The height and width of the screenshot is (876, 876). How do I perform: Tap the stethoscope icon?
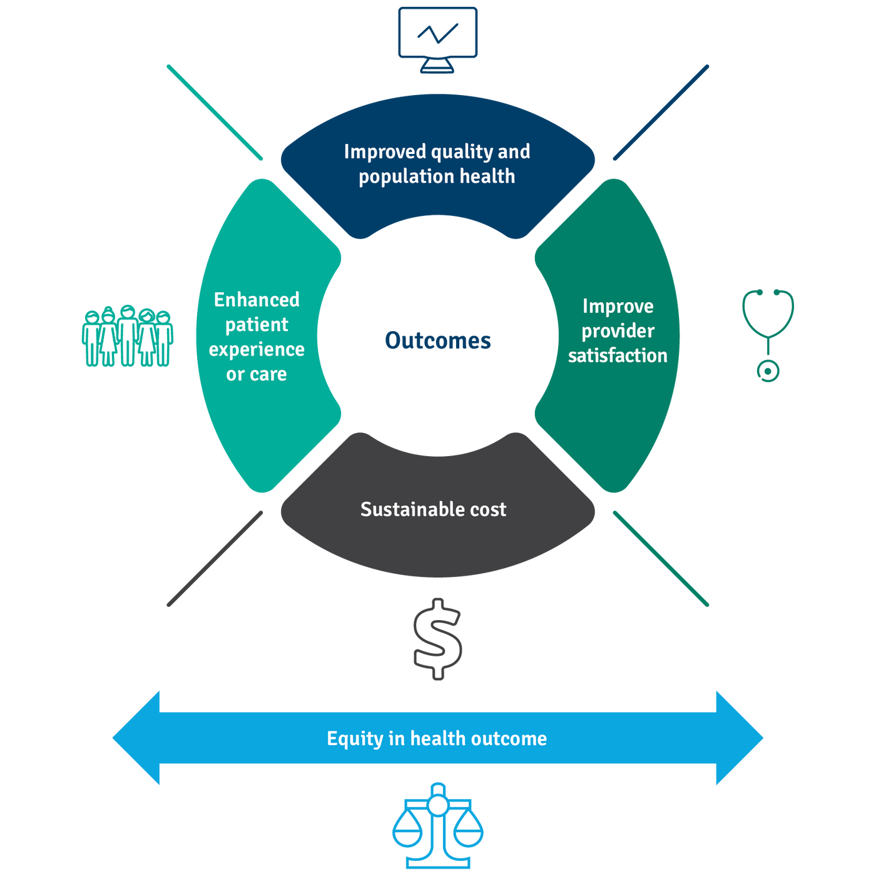tap(768, 332)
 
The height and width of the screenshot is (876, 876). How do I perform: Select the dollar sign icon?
tap(438, 638)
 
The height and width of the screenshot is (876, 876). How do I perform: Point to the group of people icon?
tap(127, 338)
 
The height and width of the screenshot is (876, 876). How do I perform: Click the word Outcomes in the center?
tap(438, 340)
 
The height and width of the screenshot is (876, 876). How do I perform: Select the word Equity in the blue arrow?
tap(354, 739)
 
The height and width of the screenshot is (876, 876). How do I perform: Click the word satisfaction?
tap(618, 355)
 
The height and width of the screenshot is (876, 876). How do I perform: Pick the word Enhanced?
tap(257, 300)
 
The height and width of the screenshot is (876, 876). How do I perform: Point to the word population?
tap(406, 177)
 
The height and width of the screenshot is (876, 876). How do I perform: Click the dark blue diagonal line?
tap(661, 113)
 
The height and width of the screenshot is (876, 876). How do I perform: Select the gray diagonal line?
tap(215, 558)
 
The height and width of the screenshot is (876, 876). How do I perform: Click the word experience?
tap(257, 350)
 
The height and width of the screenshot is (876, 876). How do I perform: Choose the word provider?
tap(618, 331)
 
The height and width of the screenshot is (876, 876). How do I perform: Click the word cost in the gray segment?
tap(488, 509)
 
